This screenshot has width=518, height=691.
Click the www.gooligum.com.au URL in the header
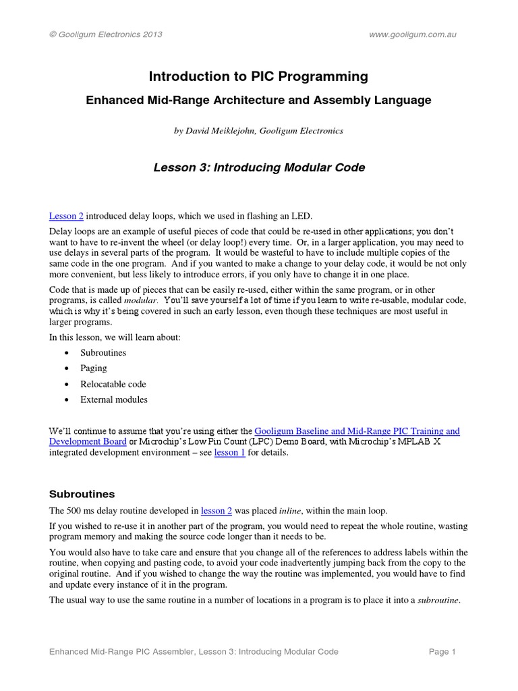[x=413, y=34]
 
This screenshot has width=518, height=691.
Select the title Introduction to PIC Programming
[x=259, y=77]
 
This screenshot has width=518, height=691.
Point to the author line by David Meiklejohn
[x=259, y=131]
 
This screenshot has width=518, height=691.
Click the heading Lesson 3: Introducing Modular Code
[x=259, y=167]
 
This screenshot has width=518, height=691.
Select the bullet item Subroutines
[x=103, y=353]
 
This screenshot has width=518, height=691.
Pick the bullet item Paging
[x=94, y=368]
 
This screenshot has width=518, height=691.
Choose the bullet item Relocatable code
[x=113, y=384]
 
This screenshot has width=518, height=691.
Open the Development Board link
[x=88, y=441]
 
